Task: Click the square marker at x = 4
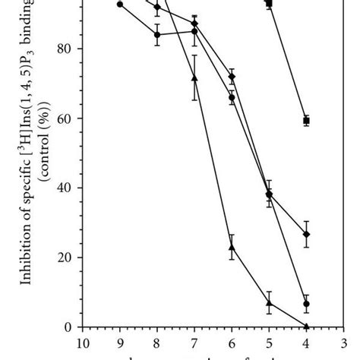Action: (306, 121)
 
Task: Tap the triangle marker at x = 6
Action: (232, 247)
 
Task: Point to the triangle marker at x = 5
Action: (269, 302)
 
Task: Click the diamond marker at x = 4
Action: (306, 235)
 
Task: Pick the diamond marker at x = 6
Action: (232, 77)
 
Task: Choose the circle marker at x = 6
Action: (232, 97)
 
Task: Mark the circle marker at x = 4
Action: (306, 304)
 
